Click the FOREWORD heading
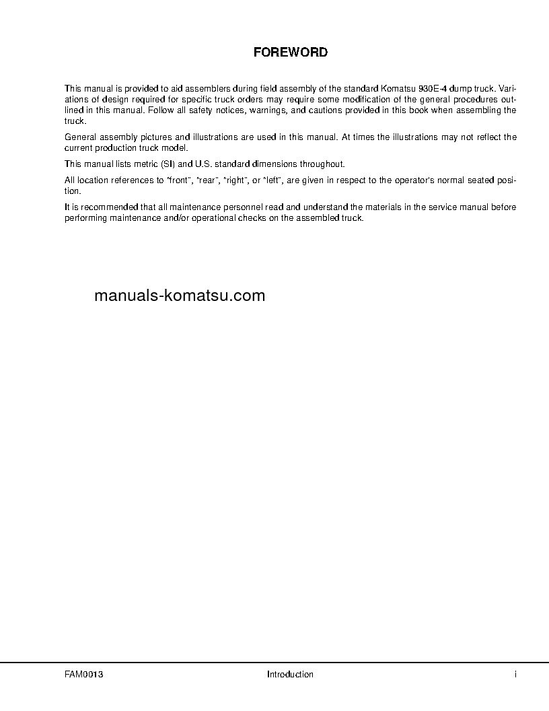pyautogui.click(x=291, y=52)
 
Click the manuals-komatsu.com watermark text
pyautogui.click(x=180, y=296)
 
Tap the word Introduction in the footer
pyautogui.click(x=290, y=674)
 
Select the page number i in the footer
pyautogui.click(x=515, y=674)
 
